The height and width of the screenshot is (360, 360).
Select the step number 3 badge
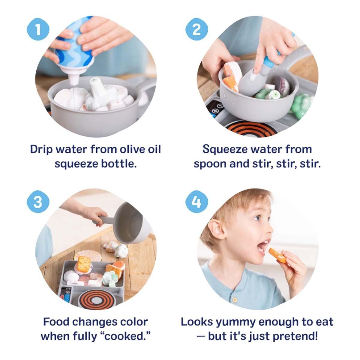click(38, 202)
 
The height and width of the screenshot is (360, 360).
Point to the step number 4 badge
click(196, 202)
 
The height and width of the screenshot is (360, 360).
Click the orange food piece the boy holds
click(277, 256)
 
